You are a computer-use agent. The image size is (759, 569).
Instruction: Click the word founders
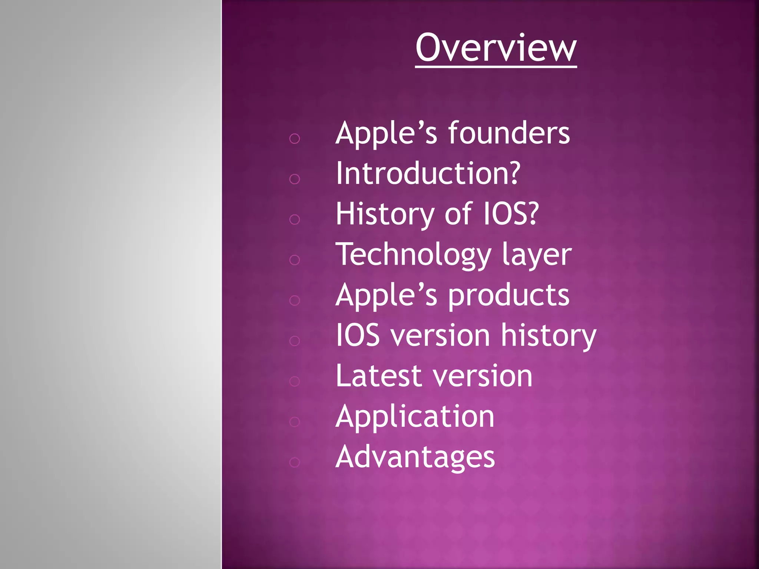pos(509,133)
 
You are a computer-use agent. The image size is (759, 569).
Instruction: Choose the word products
pos(508,296)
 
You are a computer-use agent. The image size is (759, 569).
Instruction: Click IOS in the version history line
pos(358,335)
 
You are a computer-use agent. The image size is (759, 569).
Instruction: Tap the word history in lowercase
pos(548,335)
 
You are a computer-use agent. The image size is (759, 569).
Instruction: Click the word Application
pos(415,417)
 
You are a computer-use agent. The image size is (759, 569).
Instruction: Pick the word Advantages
pos(415,457)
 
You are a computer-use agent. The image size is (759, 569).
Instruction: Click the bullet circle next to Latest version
pos(295,381)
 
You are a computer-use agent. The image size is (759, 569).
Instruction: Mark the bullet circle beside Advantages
pos(295,462)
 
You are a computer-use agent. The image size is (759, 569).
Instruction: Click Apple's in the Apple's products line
pos(386,296)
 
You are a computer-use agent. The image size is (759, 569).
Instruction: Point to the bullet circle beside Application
pos(295,422)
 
